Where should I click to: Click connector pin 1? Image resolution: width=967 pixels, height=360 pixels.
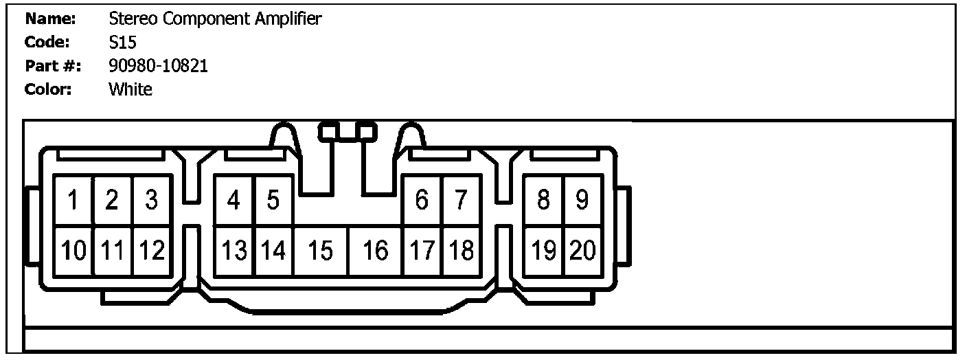point(73,201)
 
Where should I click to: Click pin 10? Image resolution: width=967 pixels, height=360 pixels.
point(73,251)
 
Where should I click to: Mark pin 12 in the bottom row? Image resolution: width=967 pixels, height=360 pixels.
point(152,251)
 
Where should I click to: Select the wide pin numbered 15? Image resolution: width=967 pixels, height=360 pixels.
point(321,251)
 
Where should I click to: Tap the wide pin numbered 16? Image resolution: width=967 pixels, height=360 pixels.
point(376,251)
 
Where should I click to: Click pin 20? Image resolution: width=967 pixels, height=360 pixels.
point(583,251)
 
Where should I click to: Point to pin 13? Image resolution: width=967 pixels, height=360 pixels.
point(234,251)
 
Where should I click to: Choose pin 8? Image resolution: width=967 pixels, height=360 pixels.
point(543,201)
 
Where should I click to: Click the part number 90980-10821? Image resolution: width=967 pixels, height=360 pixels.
point(158,66)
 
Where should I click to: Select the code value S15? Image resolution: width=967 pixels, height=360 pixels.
point(123,43)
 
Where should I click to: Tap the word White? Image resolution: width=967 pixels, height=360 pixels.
point(130,89)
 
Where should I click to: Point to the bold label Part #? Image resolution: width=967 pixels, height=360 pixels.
point(53,66)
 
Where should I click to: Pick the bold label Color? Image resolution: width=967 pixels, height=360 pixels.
point(48,89)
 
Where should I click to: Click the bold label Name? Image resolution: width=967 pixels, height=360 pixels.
point(49,19)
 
